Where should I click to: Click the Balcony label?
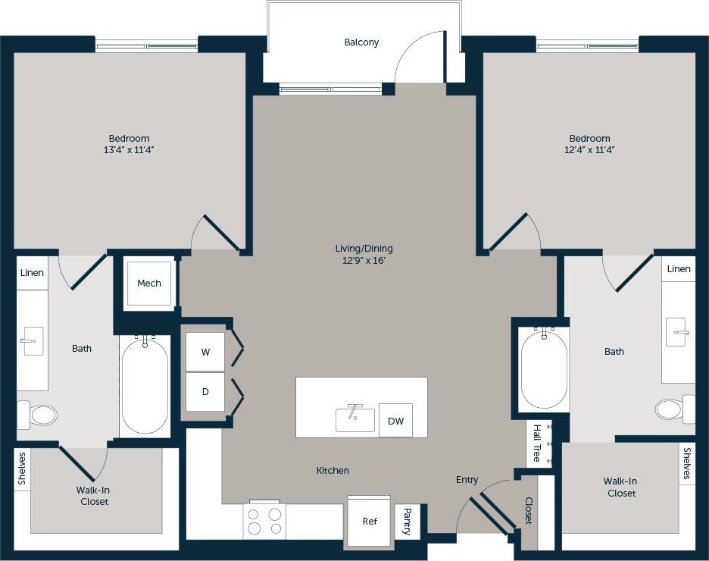(x=361, y=42)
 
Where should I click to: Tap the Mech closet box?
(x=149, y=284)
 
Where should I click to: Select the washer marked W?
(x=205, y=353)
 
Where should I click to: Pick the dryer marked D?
(x=205, y=392)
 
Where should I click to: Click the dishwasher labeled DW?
(x=395, y=421)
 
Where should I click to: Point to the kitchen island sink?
(x=355, y=419)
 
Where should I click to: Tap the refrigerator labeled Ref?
(x=370, y=522)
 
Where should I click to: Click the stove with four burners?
(x=264, y=522)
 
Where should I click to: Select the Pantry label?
(x=407, y=522)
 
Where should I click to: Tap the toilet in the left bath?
(x=39, y=415)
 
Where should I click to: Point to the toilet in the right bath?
(x=672, y=409)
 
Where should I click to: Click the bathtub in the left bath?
(x=144, y=385)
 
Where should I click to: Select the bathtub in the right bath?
(x=543, y=368)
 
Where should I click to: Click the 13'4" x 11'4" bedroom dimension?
(x=129, y=150)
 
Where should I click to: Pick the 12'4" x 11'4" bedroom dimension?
(x=589, y=150)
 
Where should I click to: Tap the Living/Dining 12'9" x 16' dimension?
(x=364, y=261)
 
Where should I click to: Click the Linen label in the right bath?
(x=679, y=269)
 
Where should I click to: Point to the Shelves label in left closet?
(x=22, y=469)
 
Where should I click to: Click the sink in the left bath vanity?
(x=32, y=342)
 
